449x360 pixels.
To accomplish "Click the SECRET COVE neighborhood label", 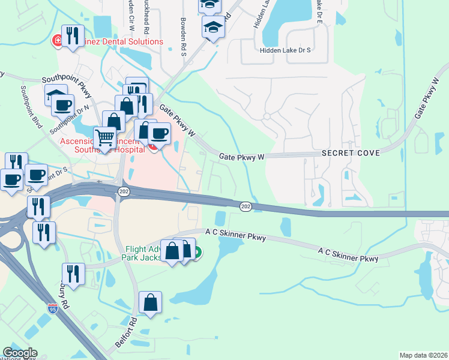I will click(x=351, y=153).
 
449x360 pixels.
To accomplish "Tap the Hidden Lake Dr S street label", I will click(x=285, y=50).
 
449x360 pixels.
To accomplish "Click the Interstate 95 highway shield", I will click(x=52, y=309).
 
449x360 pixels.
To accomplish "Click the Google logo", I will click(x=19, y=353).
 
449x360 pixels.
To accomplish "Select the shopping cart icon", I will click(x=105, y=137).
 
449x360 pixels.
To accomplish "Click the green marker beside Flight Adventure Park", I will click(x=196, y=253).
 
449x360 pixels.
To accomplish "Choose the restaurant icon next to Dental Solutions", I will click(x=73, y=35).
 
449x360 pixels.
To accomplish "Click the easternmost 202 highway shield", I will click(x=246, y=206).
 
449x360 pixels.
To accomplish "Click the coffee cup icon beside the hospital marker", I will click(x=159, y=133).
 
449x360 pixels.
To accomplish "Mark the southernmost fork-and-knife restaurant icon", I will click(x=73, y=274).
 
